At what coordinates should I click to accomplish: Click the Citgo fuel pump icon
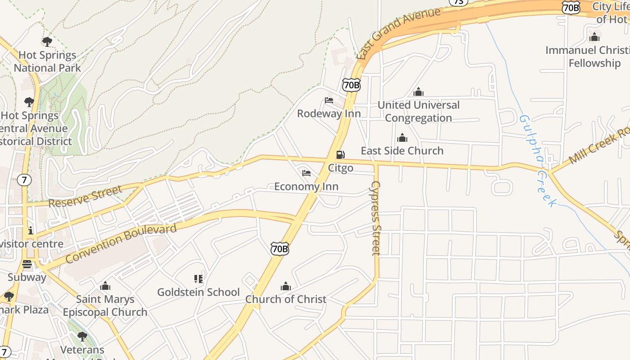(341, 155)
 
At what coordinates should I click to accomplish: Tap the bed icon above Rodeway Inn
(329, 100)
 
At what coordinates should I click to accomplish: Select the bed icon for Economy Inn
(306, 173)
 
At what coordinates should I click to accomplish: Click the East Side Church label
(402, 151)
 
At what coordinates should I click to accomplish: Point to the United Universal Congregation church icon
(418, 92)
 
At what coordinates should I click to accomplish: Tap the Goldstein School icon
(198, 279)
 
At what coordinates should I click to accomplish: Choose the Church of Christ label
(286, 299)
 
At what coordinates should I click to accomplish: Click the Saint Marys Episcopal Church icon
(105, 286)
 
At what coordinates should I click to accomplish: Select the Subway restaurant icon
(27, 264)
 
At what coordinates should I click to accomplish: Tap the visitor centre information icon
(31, 230)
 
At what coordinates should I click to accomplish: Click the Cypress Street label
(376, 218)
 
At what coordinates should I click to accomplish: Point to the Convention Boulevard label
(121, 243)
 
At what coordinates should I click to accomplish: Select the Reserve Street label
(85, 197)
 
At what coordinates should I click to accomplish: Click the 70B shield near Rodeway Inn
(351, 85)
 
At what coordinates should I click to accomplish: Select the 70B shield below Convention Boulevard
(279, 248)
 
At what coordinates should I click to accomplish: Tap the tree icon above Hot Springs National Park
(47, 42)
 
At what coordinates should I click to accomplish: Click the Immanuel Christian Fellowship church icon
(594, 37)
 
